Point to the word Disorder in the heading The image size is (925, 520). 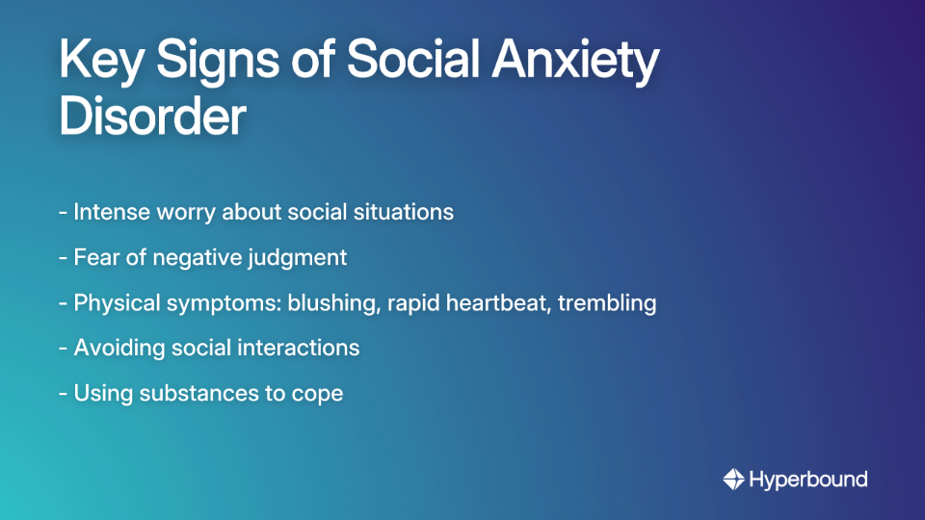[x=152, y=117]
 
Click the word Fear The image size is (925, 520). [x=93, y=257]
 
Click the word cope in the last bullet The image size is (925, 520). [x=319, y=394]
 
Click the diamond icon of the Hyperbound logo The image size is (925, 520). [x=733, y=479]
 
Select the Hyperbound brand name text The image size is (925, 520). [x=808, y=479]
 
